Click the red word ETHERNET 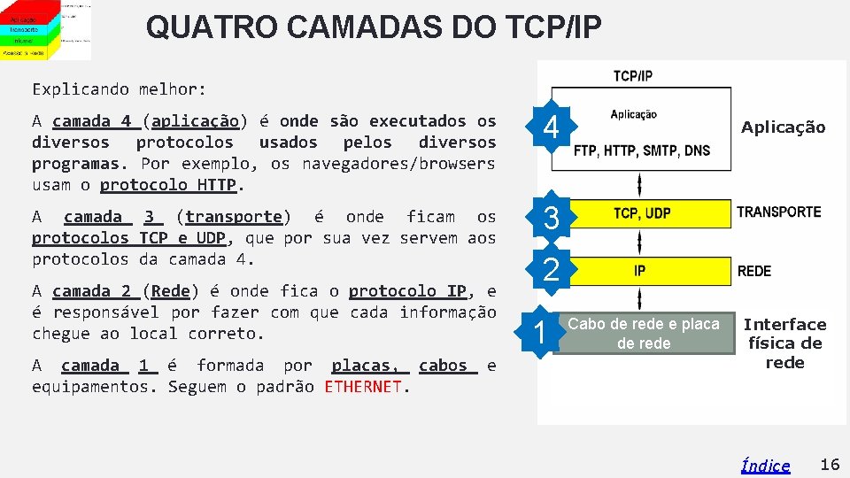(363, 387)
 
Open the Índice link (765, 466)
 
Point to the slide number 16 (830, 465)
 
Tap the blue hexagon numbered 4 (551, 129)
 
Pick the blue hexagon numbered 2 (551, 270)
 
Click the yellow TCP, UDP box (641, 213)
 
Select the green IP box (639, 271)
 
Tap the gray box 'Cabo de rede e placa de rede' (644, 334)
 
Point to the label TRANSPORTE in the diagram (778, 212)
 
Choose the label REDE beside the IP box (753, 271)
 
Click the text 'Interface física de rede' (784, 343)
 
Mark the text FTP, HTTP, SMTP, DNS (641, 150)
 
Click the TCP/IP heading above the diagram (632, 76)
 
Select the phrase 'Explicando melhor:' (119, 89)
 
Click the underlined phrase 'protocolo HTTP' (168, 185)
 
